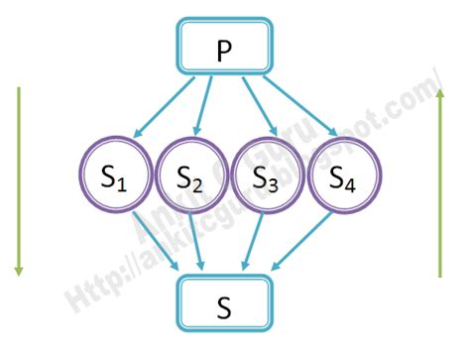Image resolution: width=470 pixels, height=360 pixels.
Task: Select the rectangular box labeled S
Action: click(224, 303)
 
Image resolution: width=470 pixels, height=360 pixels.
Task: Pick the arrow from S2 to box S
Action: click(200, 244)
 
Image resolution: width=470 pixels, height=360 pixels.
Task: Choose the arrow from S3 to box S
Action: click(256, 244)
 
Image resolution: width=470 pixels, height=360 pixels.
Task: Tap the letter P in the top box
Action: click(225, 51)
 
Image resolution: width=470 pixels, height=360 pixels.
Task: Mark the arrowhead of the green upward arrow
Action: click(438, 91)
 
